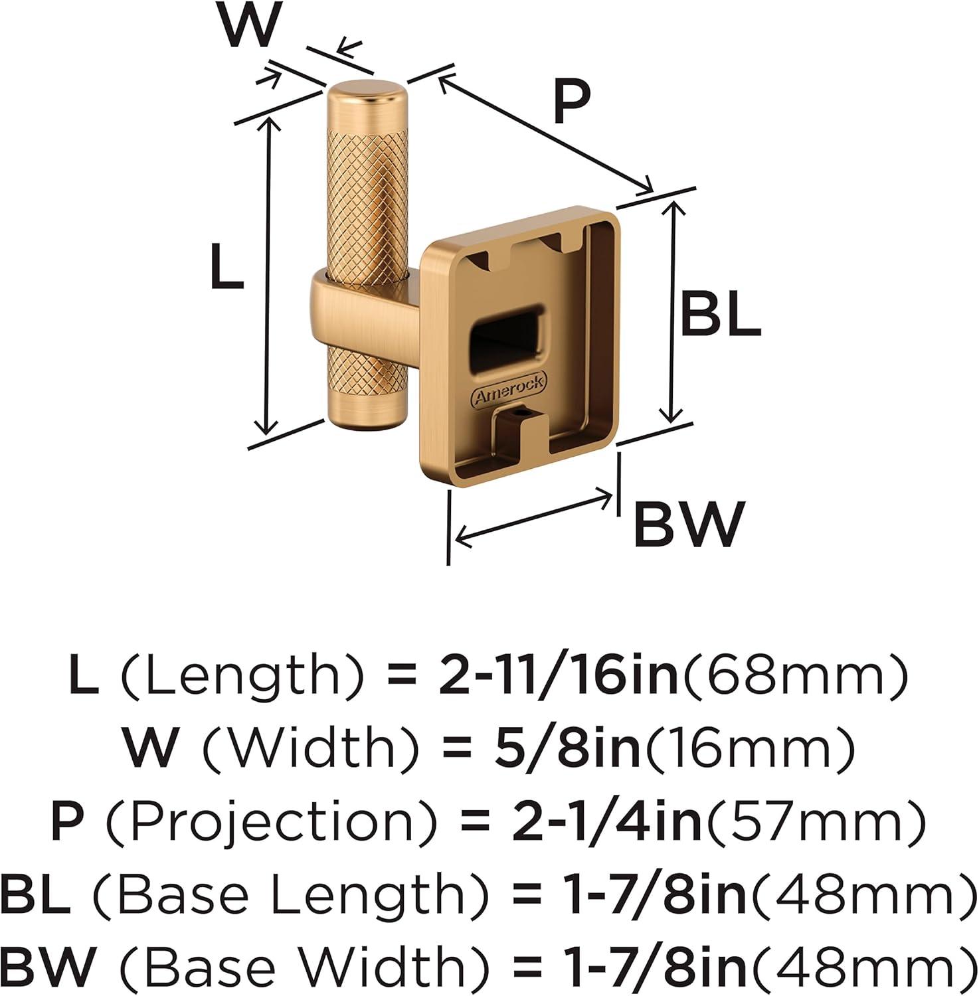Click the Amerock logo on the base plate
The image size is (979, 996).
pos(509,390)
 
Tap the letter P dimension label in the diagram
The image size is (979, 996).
pos(572,102)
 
